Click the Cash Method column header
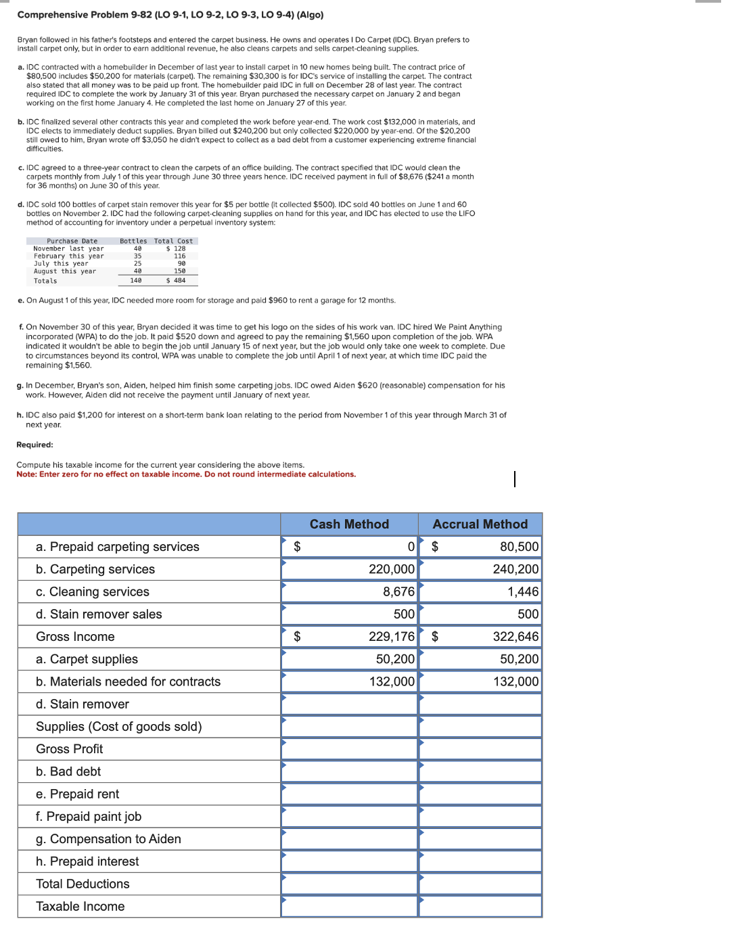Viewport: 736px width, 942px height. click(349, 524)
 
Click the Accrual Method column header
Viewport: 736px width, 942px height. click(480, 524)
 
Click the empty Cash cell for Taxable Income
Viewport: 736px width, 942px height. click(349, 907)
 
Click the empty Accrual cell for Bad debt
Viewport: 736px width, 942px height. click(480, 772)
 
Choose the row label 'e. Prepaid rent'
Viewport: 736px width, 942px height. click(77, 794)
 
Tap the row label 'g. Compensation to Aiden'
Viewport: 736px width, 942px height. click(108, 839)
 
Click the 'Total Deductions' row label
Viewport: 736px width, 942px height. click(83, 884)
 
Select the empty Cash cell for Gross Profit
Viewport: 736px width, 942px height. click(349, 749)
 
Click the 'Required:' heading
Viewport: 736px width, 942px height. click(34, 445)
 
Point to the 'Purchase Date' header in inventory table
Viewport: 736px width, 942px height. click(72, 241)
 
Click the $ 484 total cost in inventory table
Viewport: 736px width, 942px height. click(176, 281)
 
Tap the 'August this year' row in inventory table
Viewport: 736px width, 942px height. click(65, 271)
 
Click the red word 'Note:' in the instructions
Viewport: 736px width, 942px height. click(26, 474)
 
